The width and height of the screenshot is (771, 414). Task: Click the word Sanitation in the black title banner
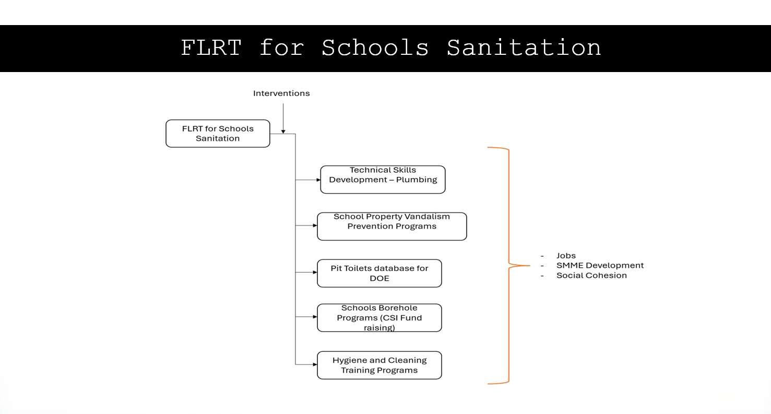pos(524,48)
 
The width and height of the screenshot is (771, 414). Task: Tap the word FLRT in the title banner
pos(211,48)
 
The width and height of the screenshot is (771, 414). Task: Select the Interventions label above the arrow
pos(281,93)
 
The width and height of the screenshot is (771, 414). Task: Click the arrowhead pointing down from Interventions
pos(283,132)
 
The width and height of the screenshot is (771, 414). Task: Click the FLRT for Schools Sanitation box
pos(218,134)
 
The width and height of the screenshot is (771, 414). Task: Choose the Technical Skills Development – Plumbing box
pos(383,180)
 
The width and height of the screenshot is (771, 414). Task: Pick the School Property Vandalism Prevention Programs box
pos(392,227)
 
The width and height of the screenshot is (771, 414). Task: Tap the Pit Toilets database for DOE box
pos(379,273)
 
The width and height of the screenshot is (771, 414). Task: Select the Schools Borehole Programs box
pos(379,317)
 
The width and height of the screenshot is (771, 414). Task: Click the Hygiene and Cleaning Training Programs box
pos(379,365)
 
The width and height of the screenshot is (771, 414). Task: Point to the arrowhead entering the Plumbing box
pos(318,180)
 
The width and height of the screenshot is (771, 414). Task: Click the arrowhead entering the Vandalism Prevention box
pos(315,226)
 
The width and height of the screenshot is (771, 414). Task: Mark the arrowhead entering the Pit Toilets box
pos(315,272)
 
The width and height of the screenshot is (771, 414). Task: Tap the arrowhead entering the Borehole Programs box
pos(315,316)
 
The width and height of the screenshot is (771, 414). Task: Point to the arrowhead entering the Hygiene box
pos(315,364)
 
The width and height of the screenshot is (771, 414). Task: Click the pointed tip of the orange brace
pos(530,265)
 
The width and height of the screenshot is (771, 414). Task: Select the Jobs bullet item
pos(566,256)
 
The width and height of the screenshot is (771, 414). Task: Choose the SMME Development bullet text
pos(600,265)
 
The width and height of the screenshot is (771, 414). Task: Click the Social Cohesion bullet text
pos(591,275)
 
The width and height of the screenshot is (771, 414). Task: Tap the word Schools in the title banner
pos(375,48)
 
